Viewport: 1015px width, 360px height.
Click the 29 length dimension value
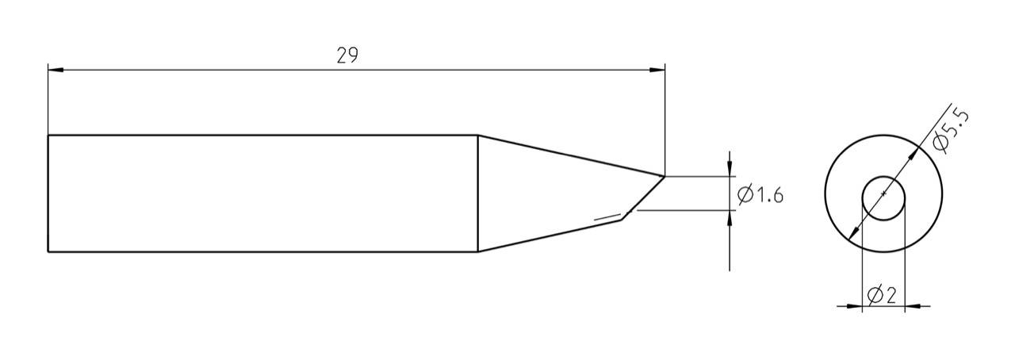click(x=347, y=56)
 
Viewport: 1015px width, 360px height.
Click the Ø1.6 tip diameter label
click(x=760, y=194)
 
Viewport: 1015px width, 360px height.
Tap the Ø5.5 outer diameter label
click(x=952, y=130)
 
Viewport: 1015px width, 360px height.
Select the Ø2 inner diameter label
click(x=882, y=296)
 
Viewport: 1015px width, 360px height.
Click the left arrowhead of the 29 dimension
click(x=55, y=70)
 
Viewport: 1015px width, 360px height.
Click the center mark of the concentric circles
click(x=883, y=193)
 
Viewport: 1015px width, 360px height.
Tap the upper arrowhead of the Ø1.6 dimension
click(x=730, y=169)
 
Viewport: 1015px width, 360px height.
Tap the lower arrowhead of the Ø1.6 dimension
click(x=730, y=217)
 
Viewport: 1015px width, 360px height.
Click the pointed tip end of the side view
click(x=664, y=176)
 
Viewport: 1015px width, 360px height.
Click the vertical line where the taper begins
click(x=478, y=193)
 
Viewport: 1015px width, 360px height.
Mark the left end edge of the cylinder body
click(x=48, y=193)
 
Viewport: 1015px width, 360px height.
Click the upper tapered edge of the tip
click(x=571, y=155)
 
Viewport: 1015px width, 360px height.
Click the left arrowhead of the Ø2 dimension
click(x=855, y=305)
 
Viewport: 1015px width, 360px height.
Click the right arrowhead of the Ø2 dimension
click(x=912, y=305)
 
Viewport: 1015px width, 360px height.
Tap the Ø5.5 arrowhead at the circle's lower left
click(x=852, y=232)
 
